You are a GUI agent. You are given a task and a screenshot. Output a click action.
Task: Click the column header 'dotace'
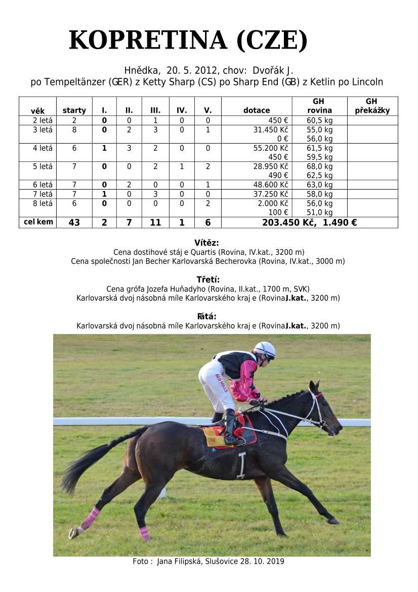click(x=257, y=110)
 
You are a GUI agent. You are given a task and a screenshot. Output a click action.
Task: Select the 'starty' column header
click(x=74, y=110)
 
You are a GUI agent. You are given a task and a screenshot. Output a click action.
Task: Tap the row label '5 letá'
click(x=43, y=166)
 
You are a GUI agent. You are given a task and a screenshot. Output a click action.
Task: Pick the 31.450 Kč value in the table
click(x=271, y=129)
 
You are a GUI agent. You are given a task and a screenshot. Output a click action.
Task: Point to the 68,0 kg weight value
click(x=320, y=166)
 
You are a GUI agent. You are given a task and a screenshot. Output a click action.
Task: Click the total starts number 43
click(x=74, y=222)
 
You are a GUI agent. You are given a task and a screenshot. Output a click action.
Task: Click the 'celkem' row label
click(x=38, y=222)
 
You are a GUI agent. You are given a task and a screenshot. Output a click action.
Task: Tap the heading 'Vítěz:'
click(x=206, y=243)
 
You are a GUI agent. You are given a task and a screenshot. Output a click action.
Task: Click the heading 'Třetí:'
click(x=208, y=280)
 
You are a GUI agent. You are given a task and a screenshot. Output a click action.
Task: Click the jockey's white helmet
click(x=265, y=349)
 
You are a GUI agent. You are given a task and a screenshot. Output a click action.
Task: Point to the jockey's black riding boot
click(x=231, y=427)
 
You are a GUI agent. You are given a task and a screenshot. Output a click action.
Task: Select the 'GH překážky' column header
click(x=372, y=106)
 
